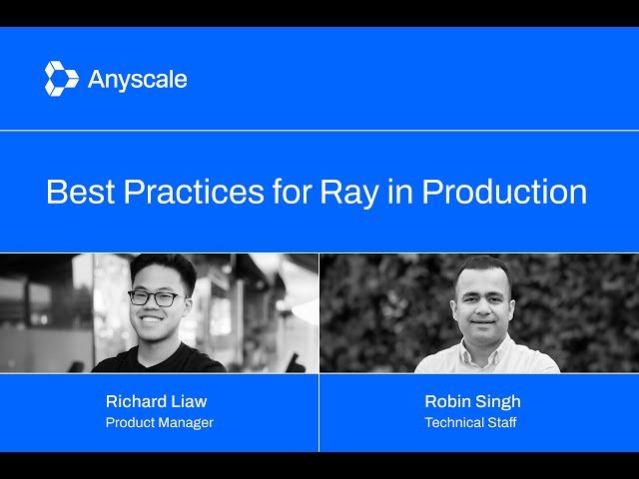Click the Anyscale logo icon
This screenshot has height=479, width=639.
point(61,79)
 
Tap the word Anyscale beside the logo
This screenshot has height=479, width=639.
point(137,80)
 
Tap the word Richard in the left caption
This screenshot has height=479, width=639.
point(138,401)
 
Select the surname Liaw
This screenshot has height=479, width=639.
point(190,401)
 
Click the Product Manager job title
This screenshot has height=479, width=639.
point(160,422)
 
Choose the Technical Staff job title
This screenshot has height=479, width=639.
point(471,422)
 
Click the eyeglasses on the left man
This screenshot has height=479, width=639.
point(155,297)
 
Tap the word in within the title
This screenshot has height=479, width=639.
point(395,192)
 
